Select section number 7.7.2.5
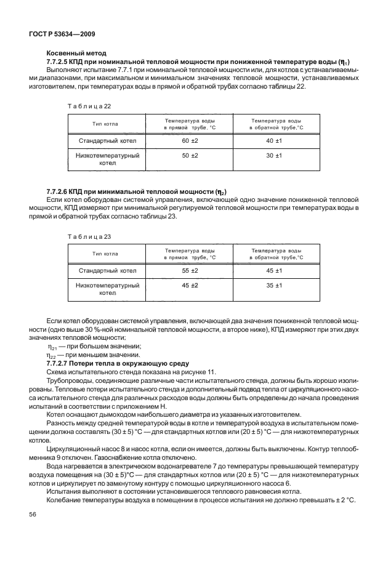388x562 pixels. (62, 62)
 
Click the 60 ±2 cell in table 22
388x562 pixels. (190, 141)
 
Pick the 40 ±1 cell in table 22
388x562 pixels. (274, 141)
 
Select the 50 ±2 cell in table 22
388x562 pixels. (190, 156)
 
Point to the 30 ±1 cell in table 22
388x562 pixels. (274, 156)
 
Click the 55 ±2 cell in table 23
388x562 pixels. (190, 270)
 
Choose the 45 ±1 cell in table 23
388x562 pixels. (274, 270)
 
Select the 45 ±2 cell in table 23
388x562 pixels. (190, 286)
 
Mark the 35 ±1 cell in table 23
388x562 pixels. (274, 286)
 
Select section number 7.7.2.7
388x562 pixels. (62, 363)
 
